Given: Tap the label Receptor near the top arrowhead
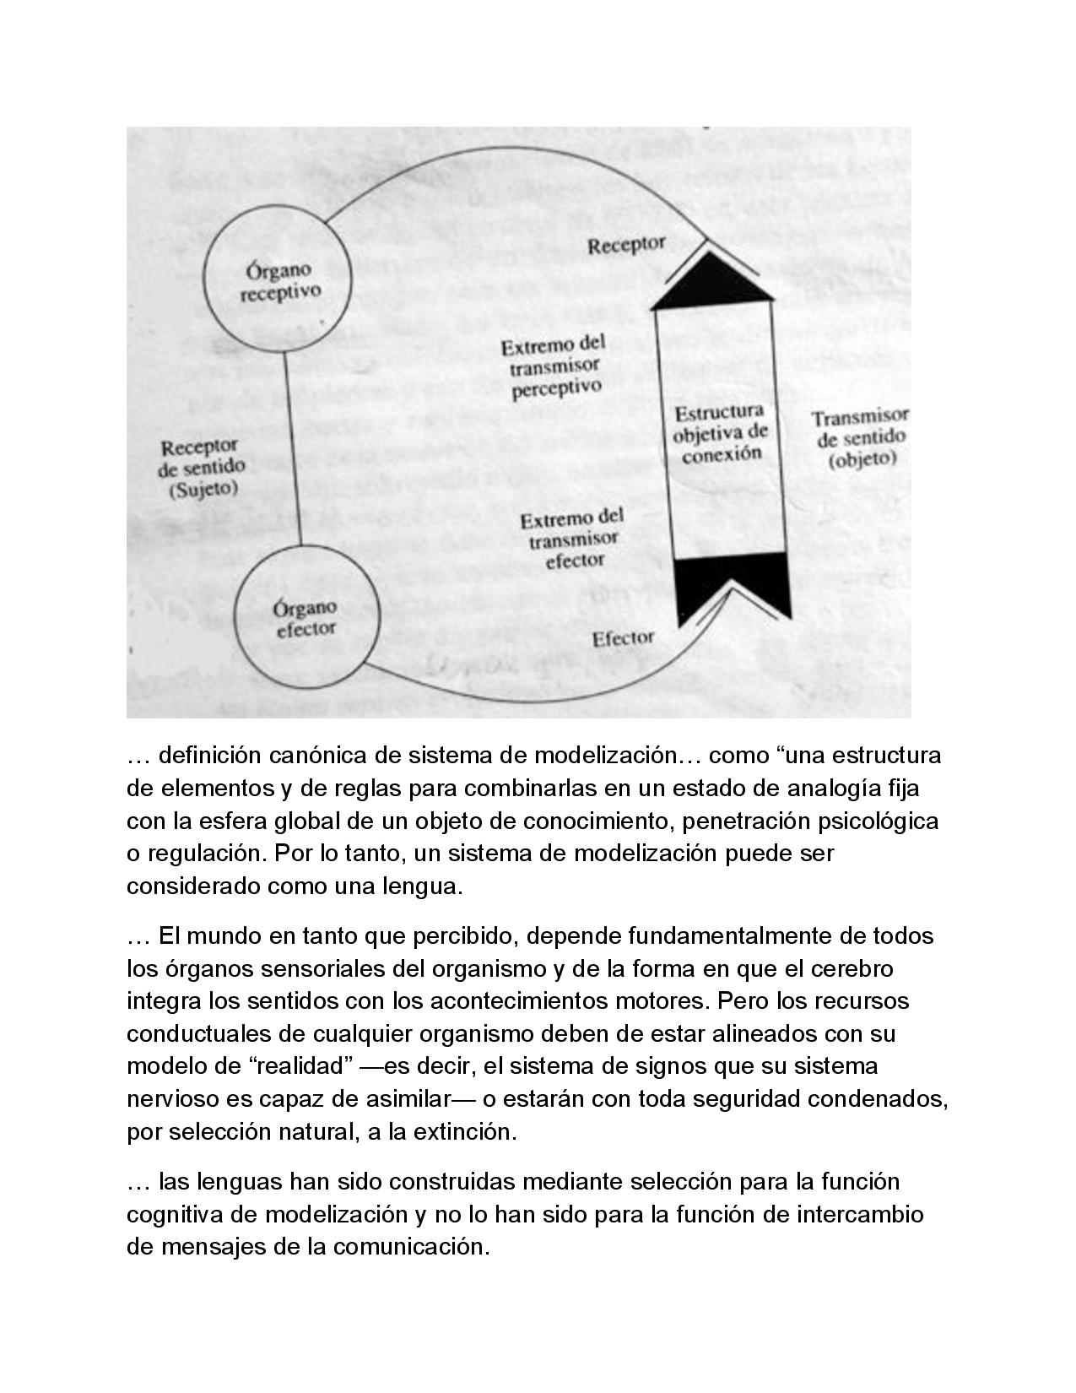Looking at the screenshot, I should [626, 246].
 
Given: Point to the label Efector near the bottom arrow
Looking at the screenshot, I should [623, 639].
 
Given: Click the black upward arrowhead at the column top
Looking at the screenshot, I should [713, 279].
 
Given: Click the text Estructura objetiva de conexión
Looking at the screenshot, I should [721, 433].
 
